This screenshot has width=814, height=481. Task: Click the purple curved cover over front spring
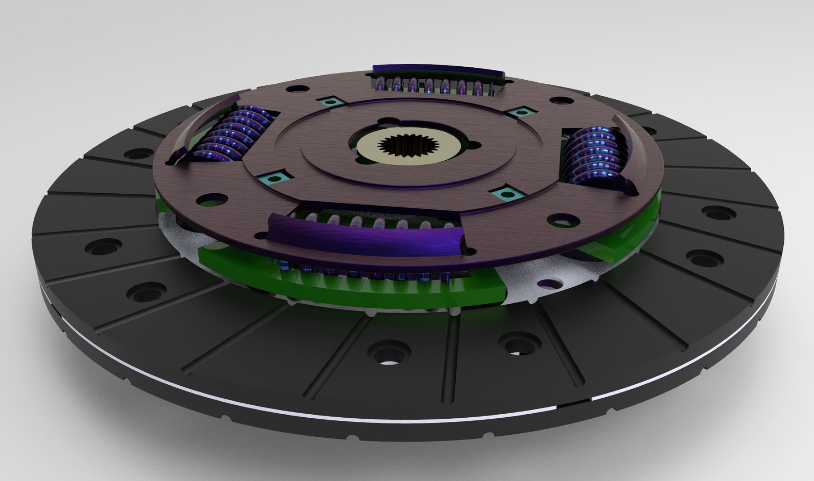pyautogui.click(x=365, y=232)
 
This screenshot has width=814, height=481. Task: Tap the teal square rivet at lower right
pyautogui.click(x=506, y=194)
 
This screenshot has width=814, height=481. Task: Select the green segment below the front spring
pyautogui.click(x=356, y=289)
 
